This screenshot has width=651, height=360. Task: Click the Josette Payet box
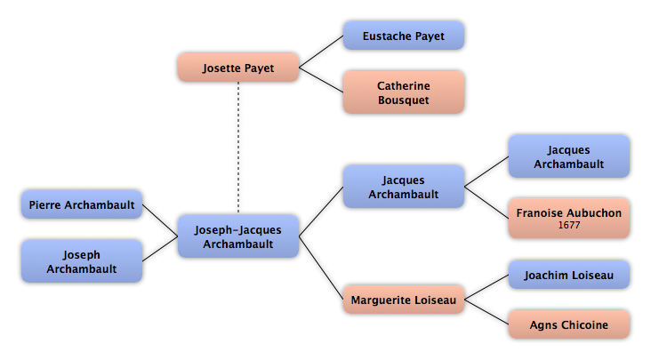pyautogui.click(x=238, y=68)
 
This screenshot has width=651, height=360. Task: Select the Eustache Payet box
pyautogui.click(x=404, y=36)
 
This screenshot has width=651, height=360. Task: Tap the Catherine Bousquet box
pyautogui.click(x=404, y=92)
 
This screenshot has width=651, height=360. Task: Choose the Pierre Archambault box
pyautogui.click(x=82, y=204)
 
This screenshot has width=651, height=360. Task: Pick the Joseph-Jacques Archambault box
pyautogui.click(x=238, y=236)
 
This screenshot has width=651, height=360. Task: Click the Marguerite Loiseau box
pyautogui.click(x=404, y=300)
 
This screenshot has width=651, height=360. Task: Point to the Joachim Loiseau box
pyautogui.click(x=569, y=275)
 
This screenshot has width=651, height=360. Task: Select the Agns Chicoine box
pyautogui.click(x=569, y=324)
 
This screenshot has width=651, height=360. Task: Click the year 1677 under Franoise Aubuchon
pyautogui.click(x=569, y=225)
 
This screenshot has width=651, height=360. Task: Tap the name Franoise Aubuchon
pyautogui.click(x=569, y=212)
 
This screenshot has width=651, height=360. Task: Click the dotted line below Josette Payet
pyautogui.click(x=238, y=148)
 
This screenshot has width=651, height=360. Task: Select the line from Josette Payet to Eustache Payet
pyautogui.click(x=321, y=52)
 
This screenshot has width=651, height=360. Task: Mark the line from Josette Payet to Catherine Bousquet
pyautogui.click(x=321, y=80)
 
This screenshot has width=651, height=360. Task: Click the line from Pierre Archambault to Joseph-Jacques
pyautogui.click(x=160, y=220)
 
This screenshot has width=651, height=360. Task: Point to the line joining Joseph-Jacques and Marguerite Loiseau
pyautogui.click(x=321, y=268)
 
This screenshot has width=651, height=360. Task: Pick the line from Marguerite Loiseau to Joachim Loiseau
pyautogui.click(x=486, y=287)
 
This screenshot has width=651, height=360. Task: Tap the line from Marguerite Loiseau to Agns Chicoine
pyautogui.click(x=486, y=312)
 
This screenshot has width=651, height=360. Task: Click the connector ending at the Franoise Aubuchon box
pyautogui.click(x=486, y=203)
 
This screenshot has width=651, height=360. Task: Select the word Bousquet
pyautogui.click(x=404, y=100)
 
